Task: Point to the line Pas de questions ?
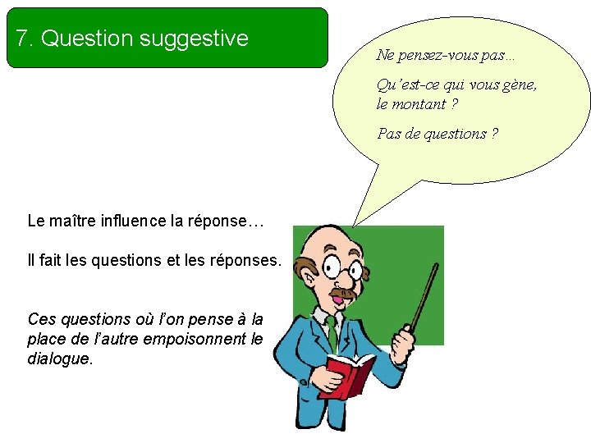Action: (x=437, y=133)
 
